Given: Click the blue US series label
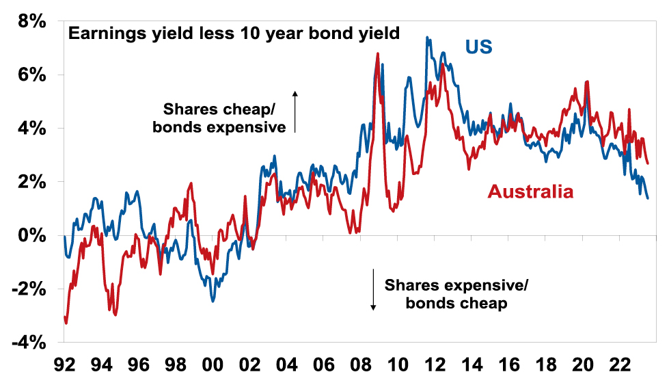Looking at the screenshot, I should click(479, 48).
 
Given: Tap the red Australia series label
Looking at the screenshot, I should click(530, 192).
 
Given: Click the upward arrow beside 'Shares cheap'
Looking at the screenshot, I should click(296, 111).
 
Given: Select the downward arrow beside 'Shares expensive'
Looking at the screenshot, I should click(374, 289).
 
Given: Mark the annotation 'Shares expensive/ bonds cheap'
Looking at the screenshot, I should click(456, 295).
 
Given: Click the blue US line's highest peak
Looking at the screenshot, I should click(427, 38).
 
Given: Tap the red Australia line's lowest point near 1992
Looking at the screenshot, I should click(66, 323).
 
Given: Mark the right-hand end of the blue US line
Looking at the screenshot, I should click(647, 198).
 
